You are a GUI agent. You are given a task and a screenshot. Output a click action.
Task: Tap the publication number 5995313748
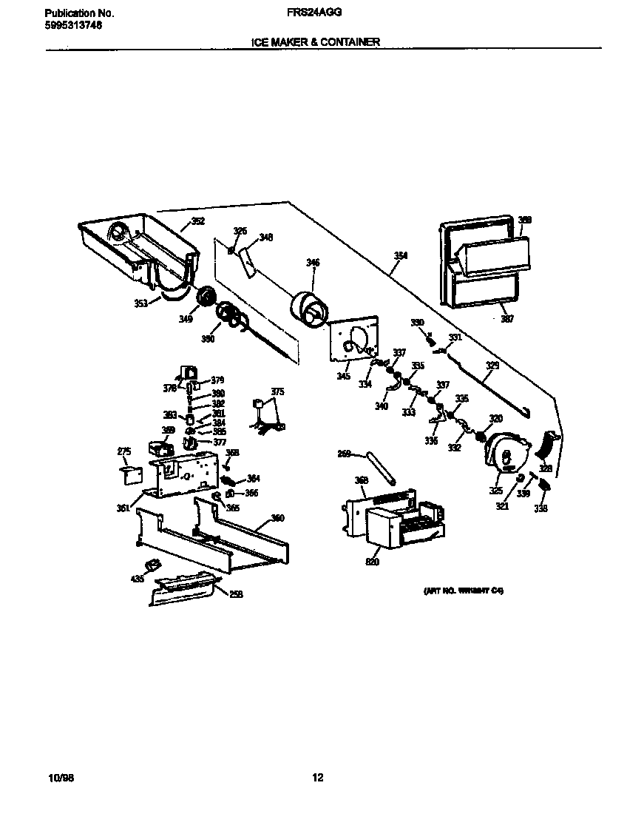(73, 24)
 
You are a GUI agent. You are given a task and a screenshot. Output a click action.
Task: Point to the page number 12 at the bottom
(316, 777)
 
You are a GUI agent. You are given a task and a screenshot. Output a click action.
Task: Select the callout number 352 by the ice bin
(198, 221)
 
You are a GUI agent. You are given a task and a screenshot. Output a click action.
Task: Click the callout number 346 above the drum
(313, 262)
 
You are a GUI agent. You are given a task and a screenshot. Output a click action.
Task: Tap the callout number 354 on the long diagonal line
(400, 255)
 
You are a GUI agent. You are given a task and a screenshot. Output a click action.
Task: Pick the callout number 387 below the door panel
(507, 319)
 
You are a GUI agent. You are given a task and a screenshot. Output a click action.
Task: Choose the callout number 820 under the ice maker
(372, 562)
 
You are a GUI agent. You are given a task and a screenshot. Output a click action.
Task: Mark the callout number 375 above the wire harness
(277, 391)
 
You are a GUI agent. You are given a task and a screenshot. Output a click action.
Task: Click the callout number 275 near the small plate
(123, 451)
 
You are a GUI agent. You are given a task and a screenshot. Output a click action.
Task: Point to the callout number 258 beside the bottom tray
(236, 593)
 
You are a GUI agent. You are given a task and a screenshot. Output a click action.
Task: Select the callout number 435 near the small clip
(138, 579)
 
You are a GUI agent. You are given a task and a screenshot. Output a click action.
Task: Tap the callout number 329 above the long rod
(492, 366)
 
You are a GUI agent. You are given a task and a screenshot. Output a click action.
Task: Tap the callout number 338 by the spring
(540, 508)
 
